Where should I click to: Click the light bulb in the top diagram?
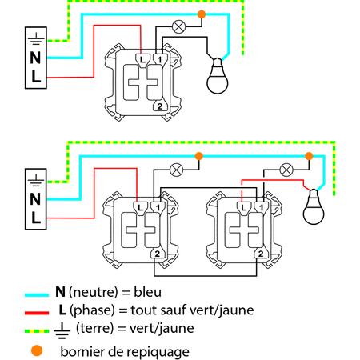point(218,77)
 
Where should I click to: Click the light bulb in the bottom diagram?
point(314,206)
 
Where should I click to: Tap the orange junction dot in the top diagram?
point(202,14)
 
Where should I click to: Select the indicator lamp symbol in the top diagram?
point(178,26)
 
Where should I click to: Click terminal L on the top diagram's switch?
point(142,60)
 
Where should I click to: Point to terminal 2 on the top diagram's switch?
point(160,106)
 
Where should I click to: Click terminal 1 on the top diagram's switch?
point(160,59)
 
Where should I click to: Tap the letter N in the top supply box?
point(35,58)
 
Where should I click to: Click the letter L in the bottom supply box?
point(35,218)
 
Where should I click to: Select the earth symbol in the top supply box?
point(36,38)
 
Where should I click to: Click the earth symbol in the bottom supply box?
point(36,180)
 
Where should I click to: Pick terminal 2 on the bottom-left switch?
point(158,254)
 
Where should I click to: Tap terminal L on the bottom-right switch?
point(244,207)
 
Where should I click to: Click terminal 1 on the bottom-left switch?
point(158,207)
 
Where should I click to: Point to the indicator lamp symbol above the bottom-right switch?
point(286,170)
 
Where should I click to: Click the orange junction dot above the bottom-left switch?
point(199,156)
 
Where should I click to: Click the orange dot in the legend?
point(37,350)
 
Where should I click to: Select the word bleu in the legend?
point(147,292)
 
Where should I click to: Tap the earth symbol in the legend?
point(62,330)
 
